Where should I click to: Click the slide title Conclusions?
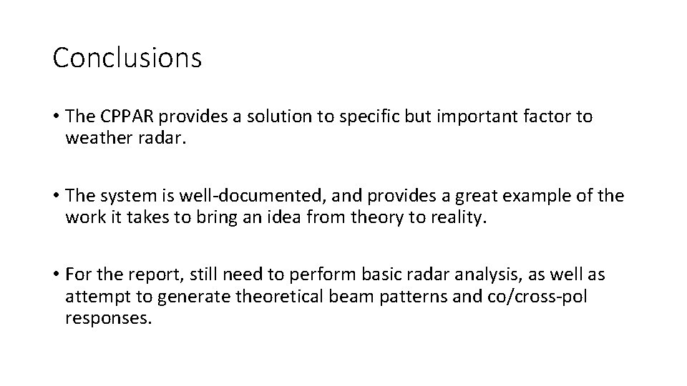(x=127, y=58)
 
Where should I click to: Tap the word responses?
(x=108, y=317)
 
